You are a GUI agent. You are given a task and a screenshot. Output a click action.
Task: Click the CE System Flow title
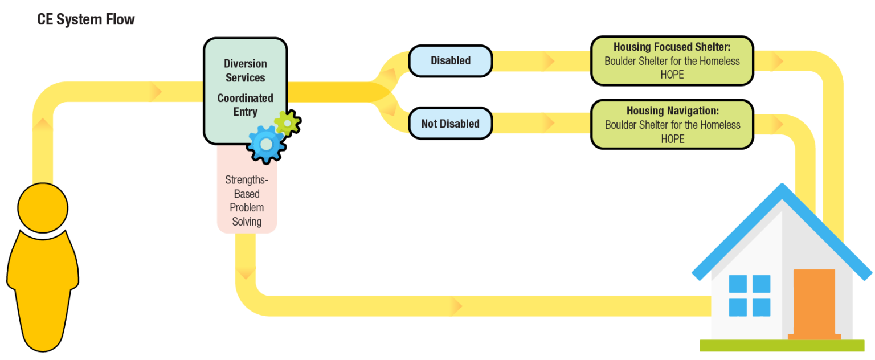point(86,19)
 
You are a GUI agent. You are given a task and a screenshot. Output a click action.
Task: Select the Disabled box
point(450,60)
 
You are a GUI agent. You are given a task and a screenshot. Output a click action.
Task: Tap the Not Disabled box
point(450,124)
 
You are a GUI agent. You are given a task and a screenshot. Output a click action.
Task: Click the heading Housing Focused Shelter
point(672,47)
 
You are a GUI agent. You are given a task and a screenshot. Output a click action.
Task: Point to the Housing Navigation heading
point(672,111)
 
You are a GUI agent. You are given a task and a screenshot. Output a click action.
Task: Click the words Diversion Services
point(245,71)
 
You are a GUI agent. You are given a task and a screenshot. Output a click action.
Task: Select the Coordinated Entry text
point(245,105)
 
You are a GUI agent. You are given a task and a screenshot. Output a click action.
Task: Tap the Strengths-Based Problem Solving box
point(247,201)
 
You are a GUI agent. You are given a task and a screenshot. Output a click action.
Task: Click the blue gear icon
point(266,144)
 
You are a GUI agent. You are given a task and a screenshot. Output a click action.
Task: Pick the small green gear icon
point(287,122)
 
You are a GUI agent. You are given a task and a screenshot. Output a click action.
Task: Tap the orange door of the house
point(814,302)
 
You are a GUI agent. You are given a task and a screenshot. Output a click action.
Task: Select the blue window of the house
point(749,295)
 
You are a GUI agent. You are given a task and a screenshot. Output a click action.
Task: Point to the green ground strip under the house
point(782,345)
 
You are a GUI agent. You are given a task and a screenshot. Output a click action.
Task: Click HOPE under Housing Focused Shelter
point(672,75)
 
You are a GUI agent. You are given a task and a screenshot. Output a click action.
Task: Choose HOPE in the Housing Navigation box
point(672,139)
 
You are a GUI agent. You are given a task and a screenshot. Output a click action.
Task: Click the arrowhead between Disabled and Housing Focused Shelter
point(548,60)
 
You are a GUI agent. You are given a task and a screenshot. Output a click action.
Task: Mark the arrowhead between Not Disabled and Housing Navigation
point(548,122)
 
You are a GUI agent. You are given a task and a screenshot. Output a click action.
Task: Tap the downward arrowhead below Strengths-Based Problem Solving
point(246,274)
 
